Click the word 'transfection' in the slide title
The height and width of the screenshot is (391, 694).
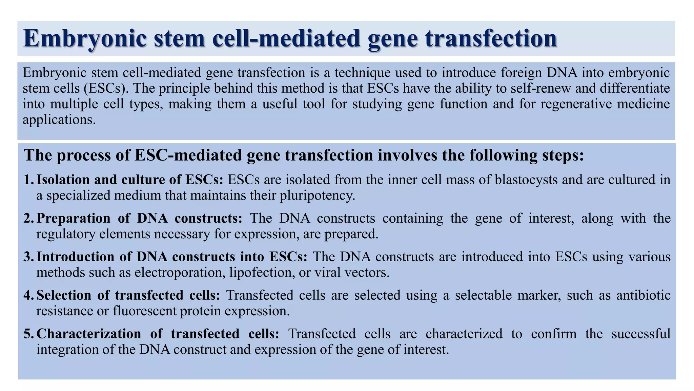(x=490, y=39)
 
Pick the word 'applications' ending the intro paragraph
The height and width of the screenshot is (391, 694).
(x=57, y=119)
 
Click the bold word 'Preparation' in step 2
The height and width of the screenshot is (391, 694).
(x=73, y=218)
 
